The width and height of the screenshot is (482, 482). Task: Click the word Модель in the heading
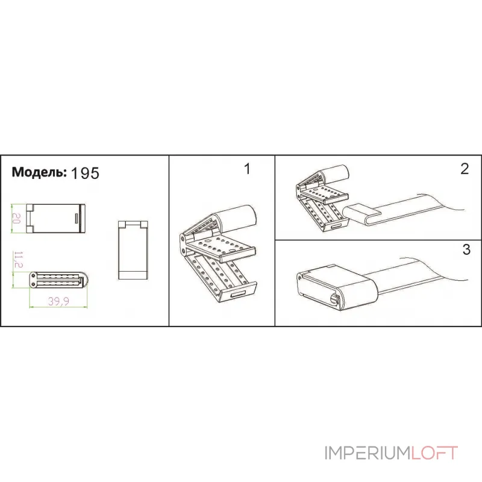39,172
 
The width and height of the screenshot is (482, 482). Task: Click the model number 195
85,173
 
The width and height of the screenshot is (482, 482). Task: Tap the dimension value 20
17,218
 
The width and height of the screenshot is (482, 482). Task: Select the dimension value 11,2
19,260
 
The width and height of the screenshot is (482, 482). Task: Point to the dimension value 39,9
58,301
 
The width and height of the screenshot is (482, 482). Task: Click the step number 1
247,169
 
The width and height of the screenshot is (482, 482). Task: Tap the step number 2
465,169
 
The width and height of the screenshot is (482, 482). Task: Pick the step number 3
466,249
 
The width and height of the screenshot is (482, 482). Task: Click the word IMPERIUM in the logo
368,453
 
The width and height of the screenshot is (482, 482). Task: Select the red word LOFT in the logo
434,453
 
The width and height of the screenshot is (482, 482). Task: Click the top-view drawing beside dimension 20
55,218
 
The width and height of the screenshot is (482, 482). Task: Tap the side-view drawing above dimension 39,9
58,280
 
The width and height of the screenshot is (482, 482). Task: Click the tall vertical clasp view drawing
133,250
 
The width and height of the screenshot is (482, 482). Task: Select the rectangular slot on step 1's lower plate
239,295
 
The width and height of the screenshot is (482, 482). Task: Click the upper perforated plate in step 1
221,247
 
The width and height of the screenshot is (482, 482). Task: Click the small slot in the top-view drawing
77,218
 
